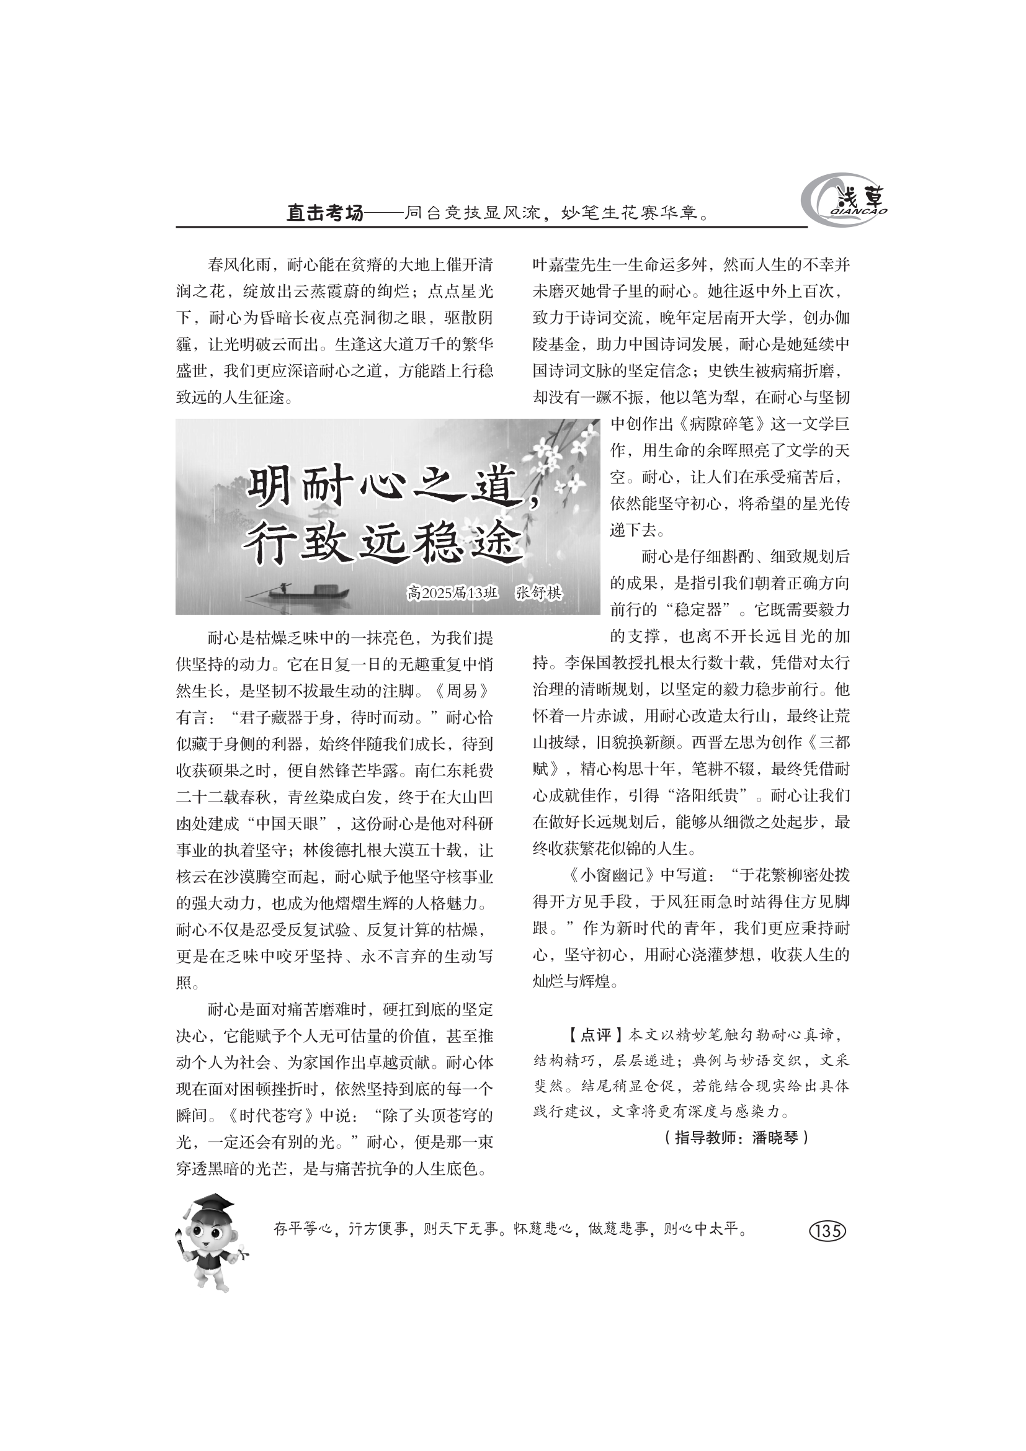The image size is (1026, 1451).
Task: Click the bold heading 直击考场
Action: (x=326, y=213)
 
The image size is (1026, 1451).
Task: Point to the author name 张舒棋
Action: (x=538, y=594)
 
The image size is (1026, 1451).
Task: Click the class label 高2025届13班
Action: (x=453, y=594)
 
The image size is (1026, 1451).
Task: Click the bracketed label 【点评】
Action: (x=588, y=1035)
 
